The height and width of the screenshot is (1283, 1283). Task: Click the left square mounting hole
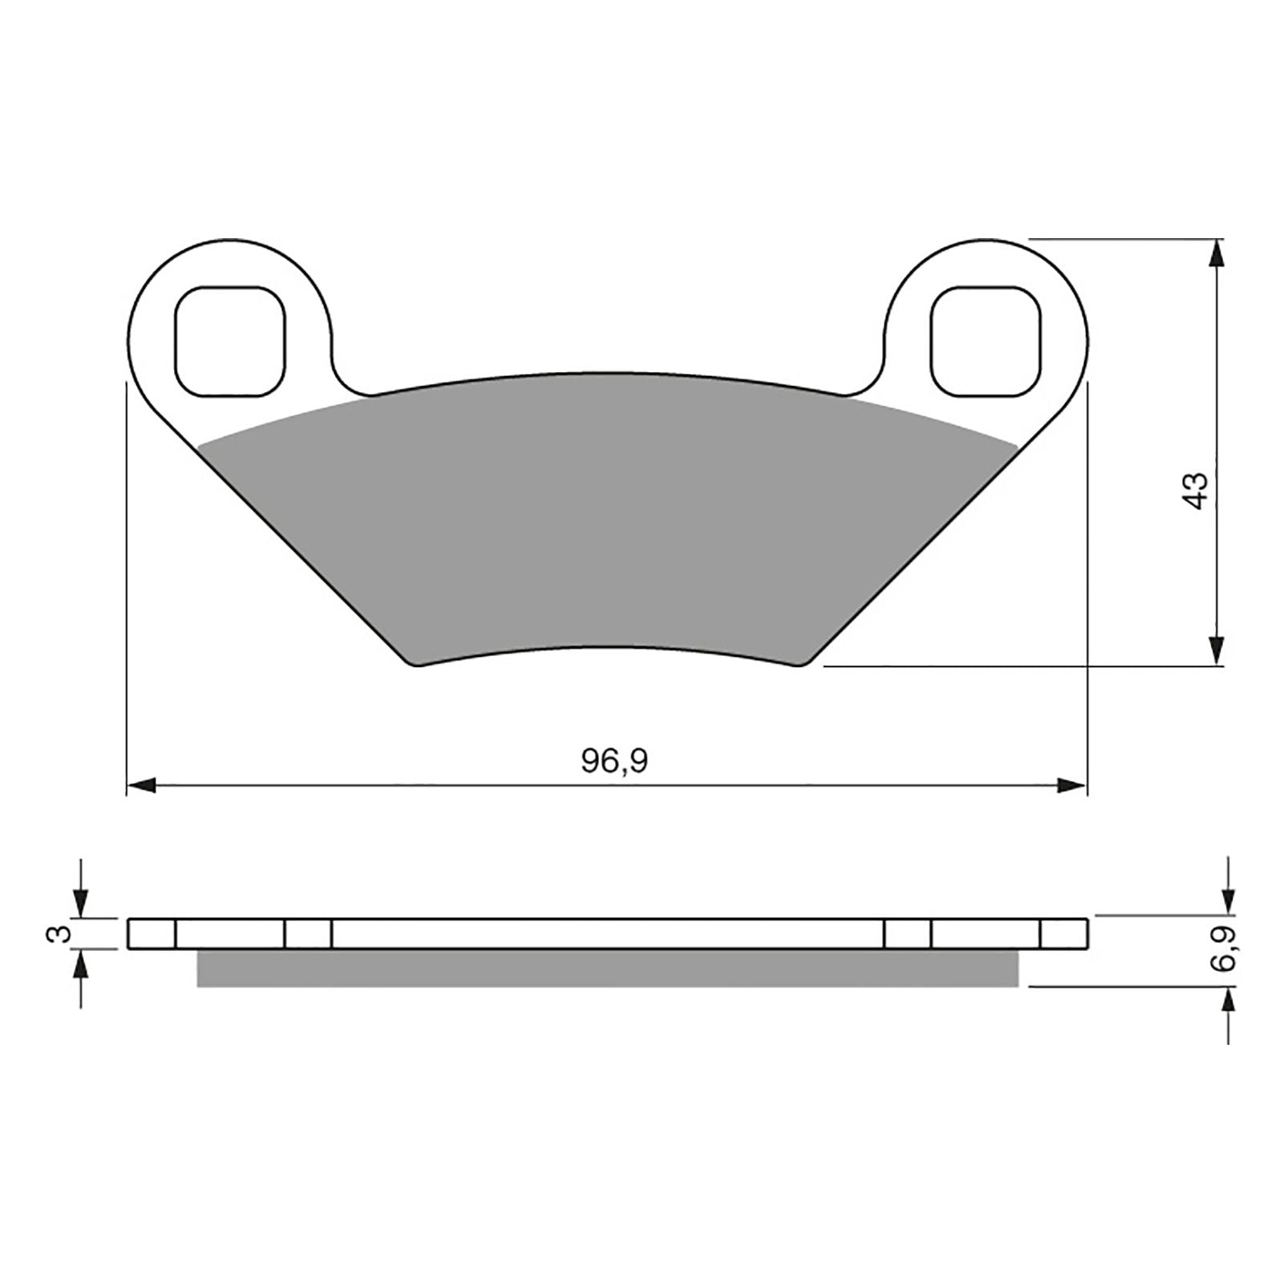[x=229, y=342]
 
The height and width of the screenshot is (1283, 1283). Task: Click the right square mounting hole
[x=986, y=342]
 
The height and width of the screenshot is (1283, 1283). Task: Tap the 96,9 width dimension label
[x=614, y=761]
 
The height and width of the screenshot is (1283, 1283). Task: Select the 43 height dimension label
[x=1196, y=490]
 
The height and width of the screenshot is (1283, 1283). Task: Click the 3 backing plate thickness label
[x=56, y=933]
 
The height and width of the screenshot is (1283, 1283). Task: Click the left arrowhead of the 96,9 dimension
[x=142, y=787]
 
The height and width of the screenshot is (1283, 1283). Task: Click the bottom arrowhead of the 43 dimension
[x=1217, y=650]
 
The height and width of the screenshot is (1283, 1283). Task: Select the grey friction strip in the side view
[x=607, y=969]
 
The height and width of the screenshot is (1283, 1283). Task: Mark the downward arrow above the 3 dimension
[x=80, y=903]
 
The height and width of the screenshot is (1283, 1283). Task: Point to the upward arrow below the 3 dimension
[x=80, y=965]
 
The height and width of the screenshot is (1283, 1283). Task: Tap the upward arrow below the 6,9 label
[x=1228, y=1002]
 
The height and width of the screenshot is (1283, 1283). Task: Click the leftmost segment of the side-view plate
[x=152, y=934]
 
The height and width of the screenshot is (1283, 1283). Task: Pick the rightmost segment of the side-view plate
[x=1064, y=934]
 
